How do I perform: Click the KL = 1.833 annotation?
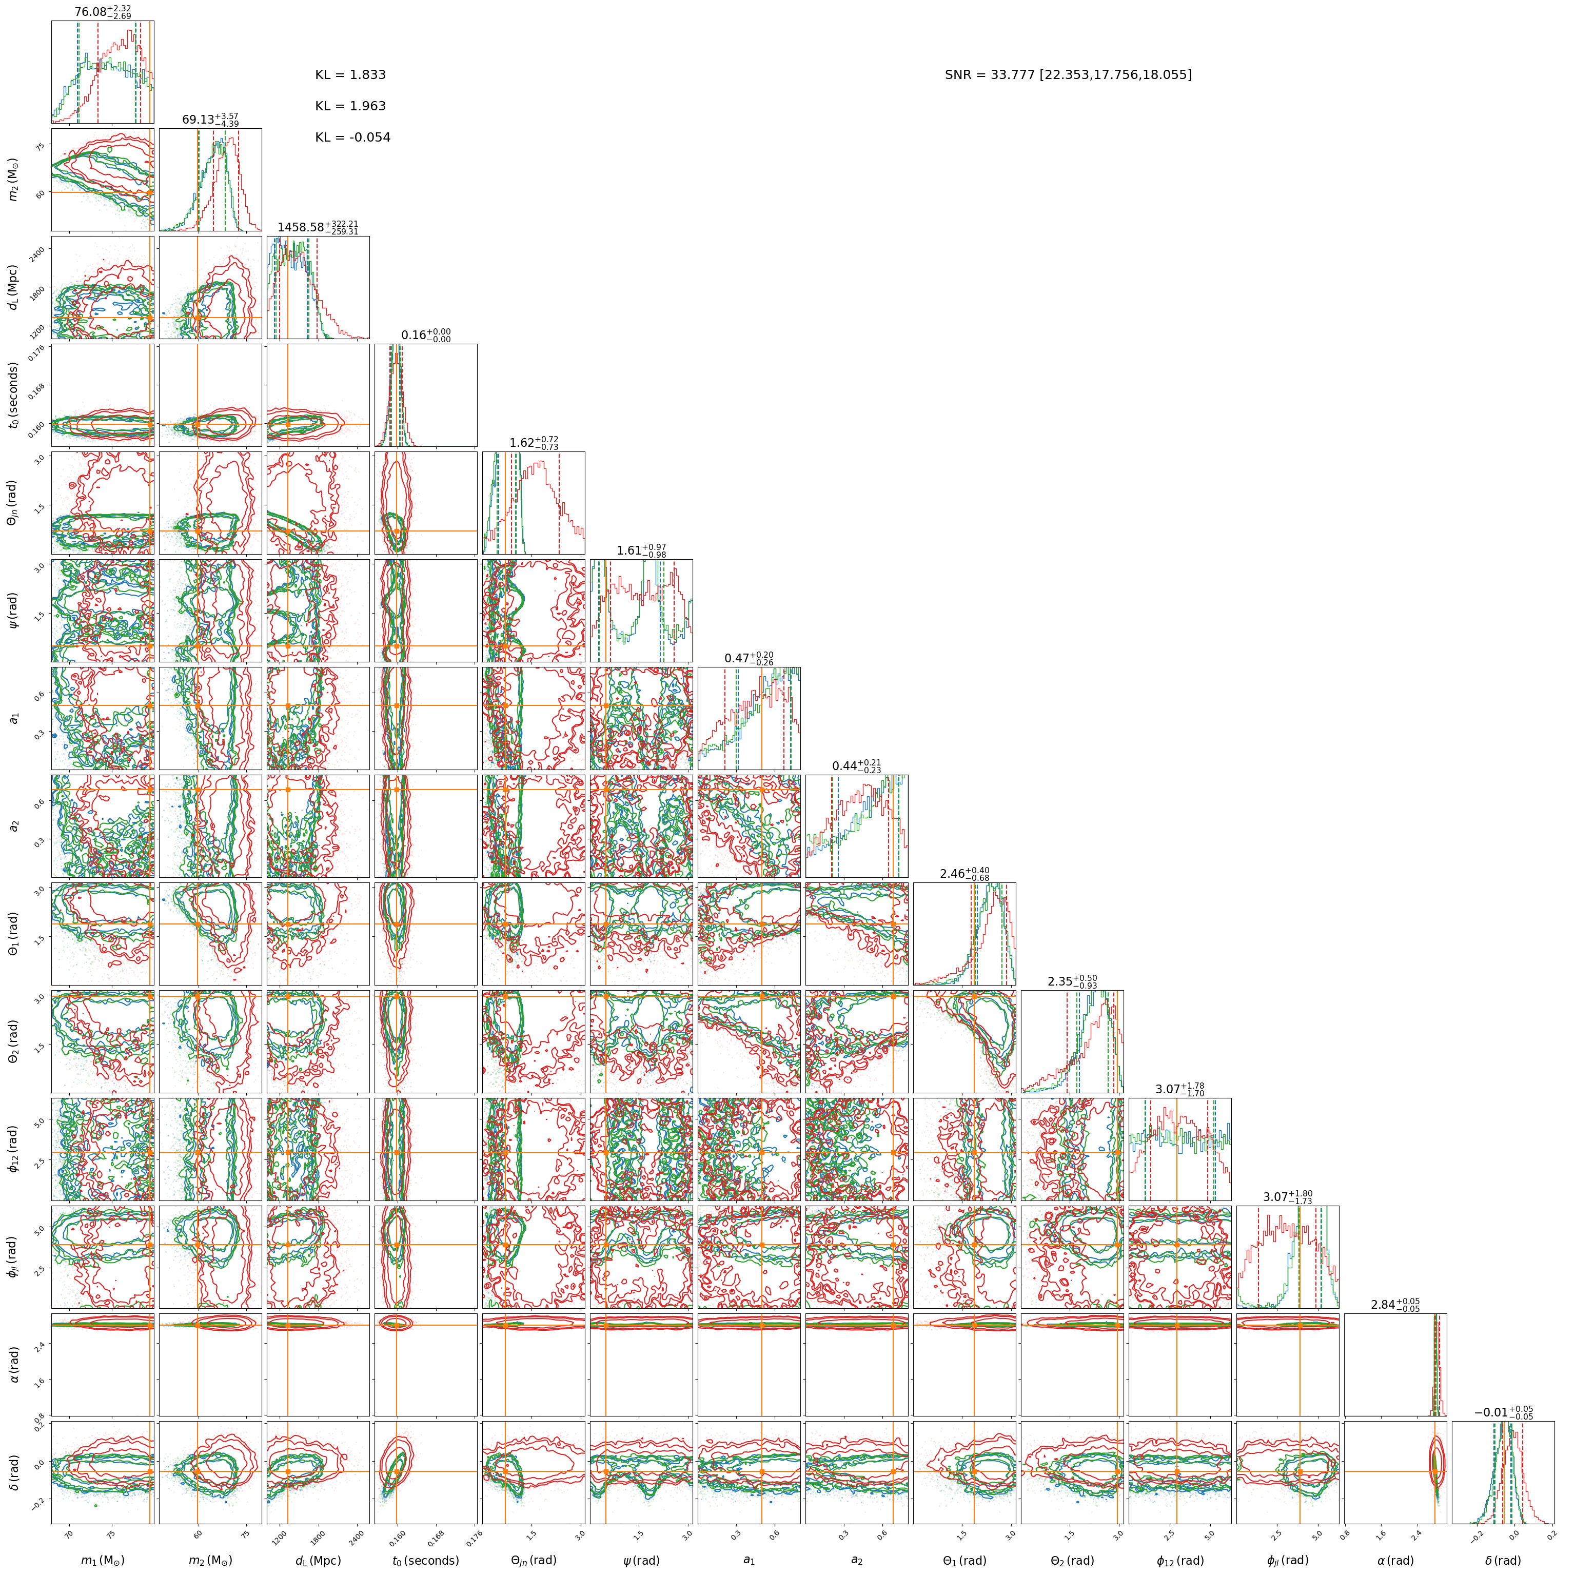pyautogui.click(x=350, y=75)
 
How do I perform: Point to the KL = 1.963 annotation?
pyautogui.click(x=350, y=106)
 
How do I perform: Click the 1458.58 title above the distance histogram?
pyautogui.click(x=318, y=227)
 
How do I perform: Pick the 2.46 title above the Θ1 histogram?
pyautogui.click(x=964, y=874)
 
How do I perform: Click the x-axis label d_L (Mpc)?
pyautogui.click(x=318, y=1560)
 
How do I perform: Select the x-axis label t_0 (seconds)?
pyautogui.click(x=425, y=1560)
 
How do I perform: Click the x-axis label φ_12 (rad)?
pyautogui.click(x=1179, y=1560)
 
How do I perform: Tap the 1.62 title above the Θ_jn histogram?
pyautogui.click(x=534, y=443)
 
